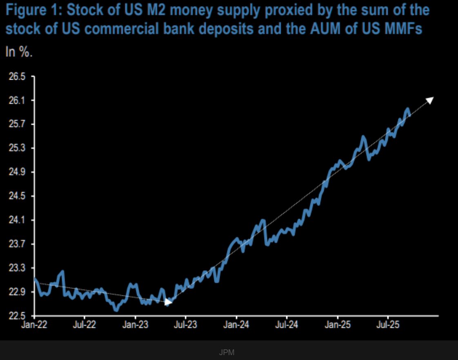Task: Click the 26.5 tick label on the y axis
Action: (17, 77)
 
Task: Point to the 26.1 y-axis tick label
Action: (17, 101)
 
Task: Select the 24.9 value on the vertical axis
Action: (17, 172)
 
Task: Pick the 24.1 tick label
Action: (17, 220)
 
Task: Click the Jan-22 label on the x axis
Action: (34, 326)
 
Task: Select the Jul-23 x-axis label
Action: (185, 326)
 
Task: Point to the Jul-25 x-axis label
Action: (387, 326)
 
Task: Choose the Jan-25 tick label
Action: (338, 326)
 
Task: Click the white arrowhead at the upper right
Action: (429, 100)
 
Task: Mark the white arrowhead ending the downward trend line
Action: (168, 302)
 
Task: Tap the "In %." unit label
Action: (19, 52)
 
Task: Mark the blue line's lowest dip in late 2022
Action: (116, 310)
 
